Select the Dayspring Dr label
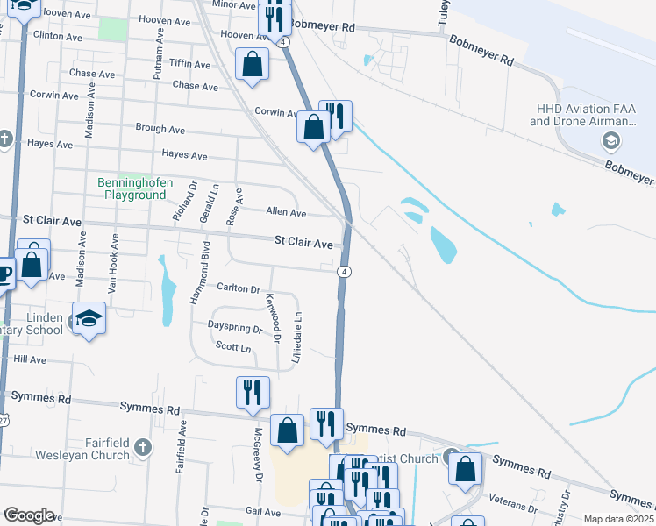click(235, 329)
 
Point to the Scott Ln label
click(233, 348)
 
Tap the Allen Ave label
click(286, 213)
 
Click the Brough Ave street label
click(160, 128)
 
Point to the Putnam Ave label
click(159, 53)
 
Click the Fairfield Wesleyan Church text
click(85, 449)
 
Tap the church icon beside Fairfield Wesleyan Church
click(144, 449)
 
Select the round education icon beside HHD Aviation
click(611, 141)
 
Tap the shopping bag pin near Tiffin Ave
click(253, 65)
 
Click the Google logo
click(29, 516)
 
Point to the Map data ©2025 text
click(618, 519)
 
